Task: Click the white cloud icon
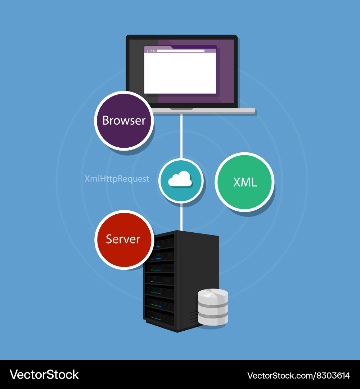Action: pyautogui.click(x=180, y=179)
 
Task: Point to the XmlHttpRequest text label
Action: pyautogui.click(x=117, y=179)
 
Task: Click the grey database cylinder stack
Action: pyautogui.click(x=213, y=307)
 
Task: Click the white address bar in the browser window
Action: pyautogui.click(x=180, y=51)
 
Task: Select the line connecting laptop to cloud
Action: pyautogui.click(x=181, y=135)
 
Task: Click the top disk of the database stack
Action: pyautogui.click(x=213, y=296)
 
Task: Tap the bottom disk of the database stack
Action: pyautogui.click(x=213, y=319)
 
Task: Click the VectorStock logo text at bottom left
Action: pyautogui.click(x=44, y=375)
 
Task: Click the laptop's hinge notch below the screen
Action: pyautogui.click(x=181, y=109)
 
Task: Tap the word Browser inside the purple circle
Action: pyautogui.click(x=124, y=120)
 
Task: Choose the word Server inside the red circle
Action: pyautogui.click(x=123, y=239)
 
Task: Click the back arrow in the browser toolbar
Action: pyautogui.click(x=147, y=51)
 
